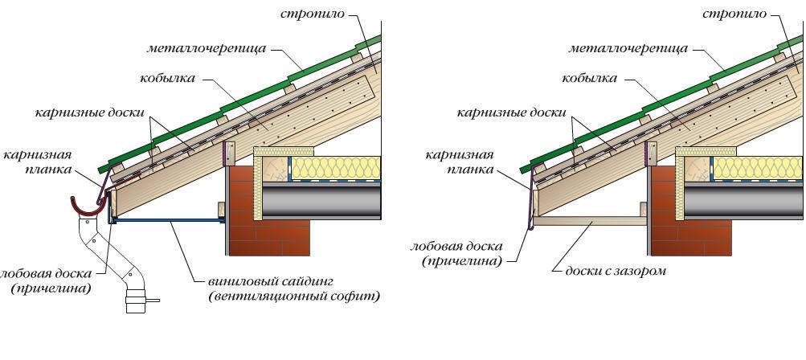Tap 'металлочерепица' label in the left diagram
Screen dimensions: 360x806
click(x=206, y=47)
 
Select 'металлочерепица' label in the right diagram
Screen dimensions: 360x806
click(x=628, y=47)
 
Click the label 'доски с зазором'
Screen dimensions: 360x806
click(x=615, y=271)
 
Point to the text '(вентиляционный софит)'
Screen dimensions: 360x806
click(x=293, y=297)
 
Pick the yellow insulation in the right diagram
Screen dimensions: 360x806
click(x=755, y=168)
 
